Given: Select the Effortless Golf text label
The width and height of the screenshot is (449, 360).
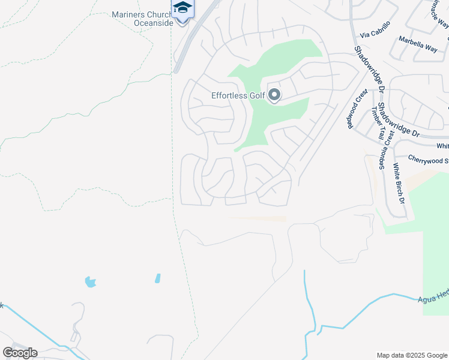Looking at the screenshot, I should coord(237,95).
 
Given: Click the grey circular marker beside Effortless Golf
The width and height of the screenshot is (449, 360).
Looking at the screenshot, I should coord(274,95).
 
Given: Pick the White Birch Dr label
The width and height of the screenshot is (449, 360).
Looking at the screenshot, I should coord(399,183).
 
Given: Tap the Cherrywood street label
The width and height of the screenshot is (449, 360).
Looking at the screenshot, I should coord(427,160).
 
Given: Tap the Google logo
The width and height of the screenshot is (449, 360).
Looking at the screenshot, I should coord(20,352).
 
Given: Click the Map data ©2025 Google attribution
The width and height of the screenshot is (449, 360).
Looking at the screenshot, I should coord(412,355).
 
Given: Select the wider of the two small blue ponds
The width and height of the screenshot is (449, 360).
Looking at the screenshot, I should coord(90,281).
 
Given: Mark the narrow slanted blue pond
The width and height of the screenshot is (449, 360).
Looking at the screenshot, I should coord(157,278).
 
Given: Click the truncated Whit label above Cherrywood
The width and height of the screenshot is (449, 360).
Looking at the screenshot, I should coord(442,146).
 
